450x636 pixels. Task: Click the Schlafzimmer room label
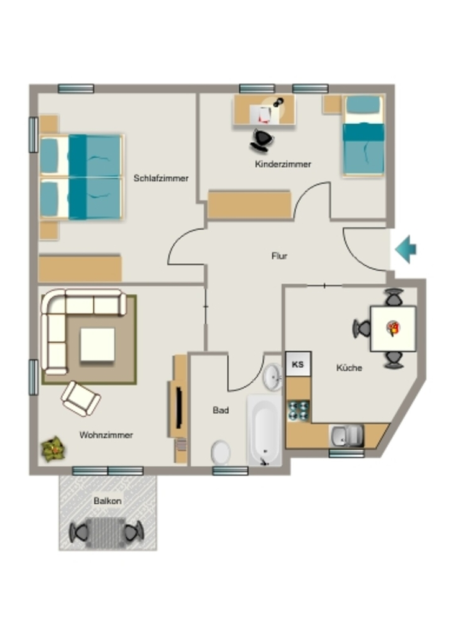point(161,178)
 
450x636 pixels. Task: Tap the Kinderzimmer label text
point(283,164)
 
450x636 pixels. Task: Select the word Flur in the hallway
point(279,256)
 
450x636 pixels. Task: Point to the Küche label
point(349,368)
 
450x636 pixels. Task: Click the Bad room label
point(221,410)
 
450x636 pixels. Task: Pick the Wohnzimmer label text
point(106,435)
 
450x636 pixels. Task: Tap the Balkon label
point(108,501)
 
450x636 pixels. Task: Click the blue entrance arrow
point(406,250)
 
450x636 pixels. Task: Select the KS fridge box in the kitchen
point(298,364)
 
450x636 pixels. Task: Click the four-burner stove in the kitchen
point(298,411)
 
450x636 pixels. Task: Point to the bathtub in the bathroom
point(264,430)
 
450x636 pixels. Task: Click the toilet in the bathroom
point(221,452)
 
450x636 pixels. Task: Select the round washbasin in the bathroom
point(273,377)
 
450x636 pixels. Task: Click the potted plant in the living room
point(53,448)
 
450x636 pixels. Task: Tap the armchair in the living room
point(81,399)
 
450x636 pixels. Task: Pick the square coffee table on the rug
point(98,345)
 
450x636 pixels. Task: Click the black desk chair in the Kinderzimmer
point(261,140)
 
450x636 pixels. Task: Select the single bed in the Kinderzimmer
point(363,135)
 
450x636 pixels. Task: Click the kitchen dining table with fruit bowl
point(393,329)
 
